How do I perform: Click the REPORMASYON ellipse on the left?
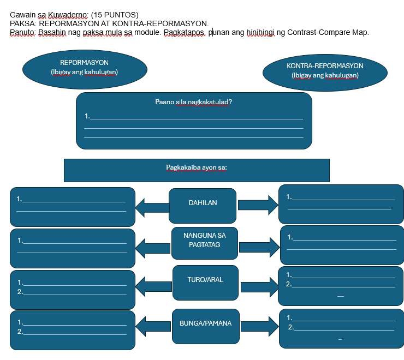point(85,69)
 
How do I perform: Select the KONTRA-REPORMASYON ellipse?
point(325,73)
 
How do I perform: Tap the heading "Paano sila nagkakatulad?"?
point(193,102)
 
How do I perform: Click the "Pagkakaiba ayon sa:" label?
point(197,167)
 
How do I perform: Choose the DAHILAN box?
point(203,206)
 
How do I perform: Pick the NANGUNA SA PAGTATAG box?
point(205,243)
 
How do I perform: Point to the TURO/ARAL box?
point(205,283)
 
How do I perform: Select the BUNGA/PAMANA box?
point(206,327)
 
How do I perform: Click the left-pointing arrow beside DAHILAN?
point(152,208)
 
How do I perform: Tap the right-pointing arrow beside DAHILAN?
point(258,205)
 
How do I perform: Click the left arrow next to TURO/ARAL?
point(153,286)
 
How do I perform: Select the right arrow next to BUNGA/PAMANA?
point(260,327)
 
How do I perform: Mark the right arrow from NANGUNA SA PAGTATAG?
point(259,248)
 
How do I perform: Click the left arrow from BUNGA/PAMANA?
point(153,327)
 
